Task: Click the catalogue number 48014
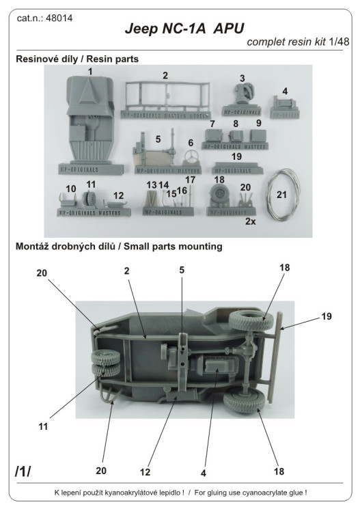pyautogui.click(x=59, y=18)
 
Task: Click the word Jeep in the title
pyautogui.click(x=141, y=29)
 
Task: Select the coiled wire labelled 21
pyautogui.click(x=283, y=193)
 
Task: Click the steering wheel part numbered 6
pyautogui.click(x=191, y=157)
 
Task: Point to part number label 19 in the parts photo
pyautogui.click(x=236, y=156)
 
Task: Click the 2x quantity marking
pyautogui.click(x=251, y=221)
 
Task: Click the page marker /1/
pyautogui.click(x=23, y=471)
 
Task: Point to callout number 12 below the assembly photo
pyautogui.click(x=145, y=471)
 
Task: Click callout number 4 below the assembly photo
pyautogui.click(x=204, y=473)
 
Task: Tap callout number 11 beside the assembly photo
pyautogui.click(x=43, y=426)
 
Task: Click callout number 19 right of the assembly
pyautogui.click(x=327, y=316)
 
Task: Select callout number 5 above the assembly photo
pyautogui.click(x=182, y=270)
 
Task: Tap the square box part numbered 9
pyautogui.click(x=258, y=136)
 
